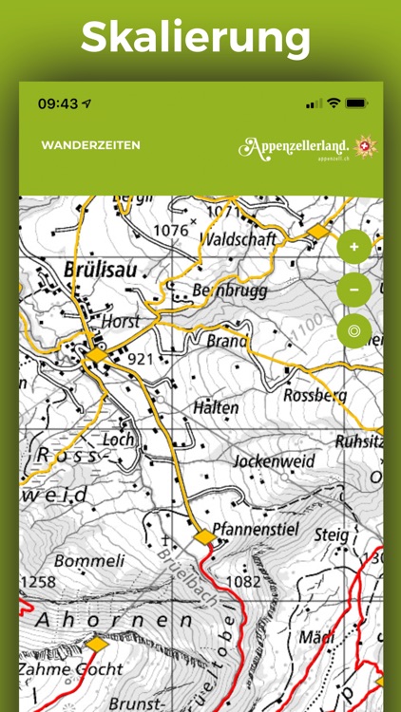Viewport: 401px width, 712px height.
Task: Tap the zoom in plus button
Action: point(354,246)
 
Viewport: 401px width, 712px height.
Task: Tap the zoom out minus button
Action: point(354,289)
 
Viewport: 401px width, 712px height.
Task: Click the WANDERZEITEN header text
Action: point(90,145)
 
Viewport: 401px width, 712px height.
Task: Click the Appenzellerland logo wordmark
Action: point(296,146)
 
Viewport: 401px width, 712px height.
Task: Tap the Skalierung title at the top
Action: point(196,39)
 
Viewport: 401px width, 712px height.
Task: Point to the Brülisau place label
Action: point(106,270)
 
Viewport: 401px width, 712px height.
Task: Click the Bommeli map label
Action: point(89,560)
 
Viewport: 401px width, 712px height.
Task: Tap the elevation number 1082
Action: point(243,580)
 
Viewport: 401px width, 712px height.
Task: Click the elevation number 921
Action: point(140,359)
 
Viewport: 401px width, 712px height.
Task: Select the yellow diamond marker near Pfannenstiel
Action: point(205,537)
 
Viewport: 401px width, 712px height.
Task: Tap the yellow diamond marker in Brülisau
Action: point(98,355)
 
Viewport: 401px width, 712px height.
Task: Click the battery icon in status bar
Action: point(357,103)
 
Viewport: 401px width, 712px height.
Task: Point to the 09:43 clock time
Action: point(57,103)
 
